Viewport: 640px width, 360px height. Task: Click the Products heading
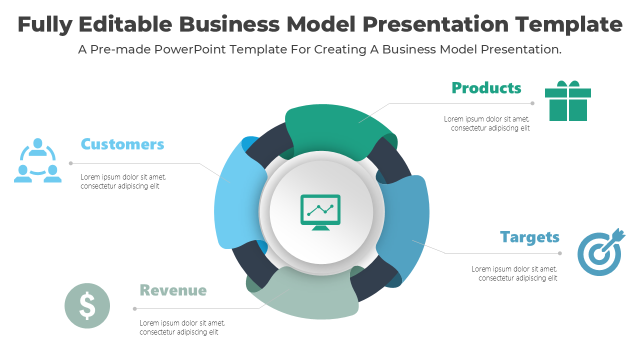point(486,88)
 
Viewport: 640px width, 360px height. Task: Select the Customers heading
point(122,144)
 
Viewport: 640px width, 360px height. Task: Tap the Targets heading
point(529,237)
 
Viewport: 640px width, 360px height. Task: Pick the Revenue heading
point(173,290)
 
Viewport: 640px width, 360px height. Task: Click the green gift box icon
point(568,101)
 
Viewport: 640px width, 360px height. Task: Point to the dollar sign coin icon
point(87,305)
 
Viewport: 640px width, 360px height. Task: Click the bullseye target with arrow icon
point(600,253)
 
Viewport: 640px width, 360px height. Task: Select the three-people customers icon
point(37,160)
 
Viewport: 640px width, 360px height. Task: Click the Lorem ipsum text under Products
point(486,123)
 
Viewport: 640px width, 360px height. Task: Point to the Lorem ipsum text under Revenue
point(182,327)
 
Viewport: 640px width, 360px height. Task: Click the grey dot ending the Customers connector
point(71,163)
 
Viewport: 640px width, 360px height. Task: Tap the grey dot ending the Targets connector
point(560,253)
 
